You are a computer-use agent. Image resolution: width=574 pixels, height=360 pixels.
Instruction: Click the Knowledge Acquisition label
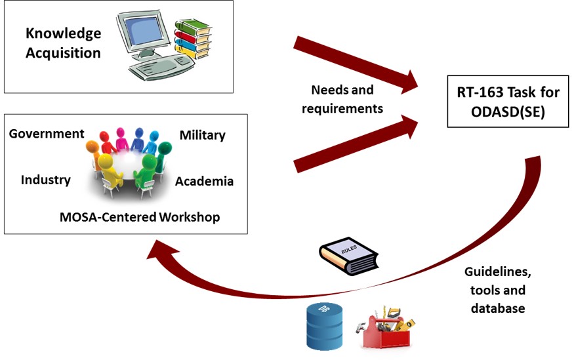tap(63, 43)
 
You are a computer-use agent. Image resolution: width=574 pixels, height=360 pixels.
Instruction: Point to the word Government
tap(47, 134)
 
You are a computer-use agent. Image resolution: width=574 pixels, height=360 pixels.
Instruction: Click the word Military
tap(202, 135)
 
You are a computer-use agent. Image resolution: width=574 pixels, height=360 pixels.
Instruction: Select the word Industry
tap(45, 179)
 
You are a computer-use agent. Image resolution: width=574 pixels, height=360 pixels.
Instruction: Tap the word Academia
tap(204, 181)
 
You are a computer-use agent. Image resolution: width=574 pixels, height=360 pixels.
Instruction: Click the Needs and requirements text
tap(342, 99)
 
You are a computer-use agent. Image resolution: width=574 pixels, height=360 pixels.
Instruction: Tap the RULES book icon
tap(348, 255)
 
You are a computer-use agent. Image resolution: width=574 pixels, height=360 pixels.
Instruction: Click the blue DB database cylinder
tap(321, 326)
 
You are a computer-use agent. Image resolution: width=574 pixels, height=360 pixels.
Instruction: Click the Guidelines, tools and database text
tap(498, 289)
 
